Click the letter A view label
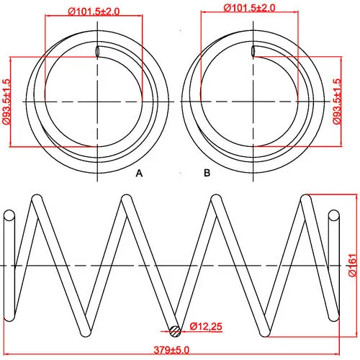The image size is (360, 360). pyautogui.click(x=139, y=173)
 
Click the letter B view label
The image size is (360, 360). pyautogui.click(x=207, y=173)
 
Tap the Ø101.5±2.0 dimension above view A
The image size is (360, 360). pyautogui.click(x=94, y=12)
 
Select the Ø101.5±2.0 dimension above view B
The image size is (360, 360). pyautogui.click(x=249, y=8)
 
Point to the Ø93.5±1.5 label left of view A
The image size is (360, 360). pyautogui.click(x=6, y=102)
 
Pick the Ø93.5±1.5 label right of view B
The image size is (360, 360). pyautogui.click(x=337, y=102)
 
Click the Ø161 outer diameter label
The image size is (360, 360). pyautogui.click(x=352, y=265)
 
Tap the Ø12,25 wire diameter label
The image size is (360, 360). pyautogui.click(x=206, y=326)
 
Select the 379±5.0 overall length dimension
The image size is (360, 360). pyautogui.click(x=171, y=350)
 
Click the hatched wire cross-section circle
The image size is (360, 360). pyautogui.click(x=175, y=331)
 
